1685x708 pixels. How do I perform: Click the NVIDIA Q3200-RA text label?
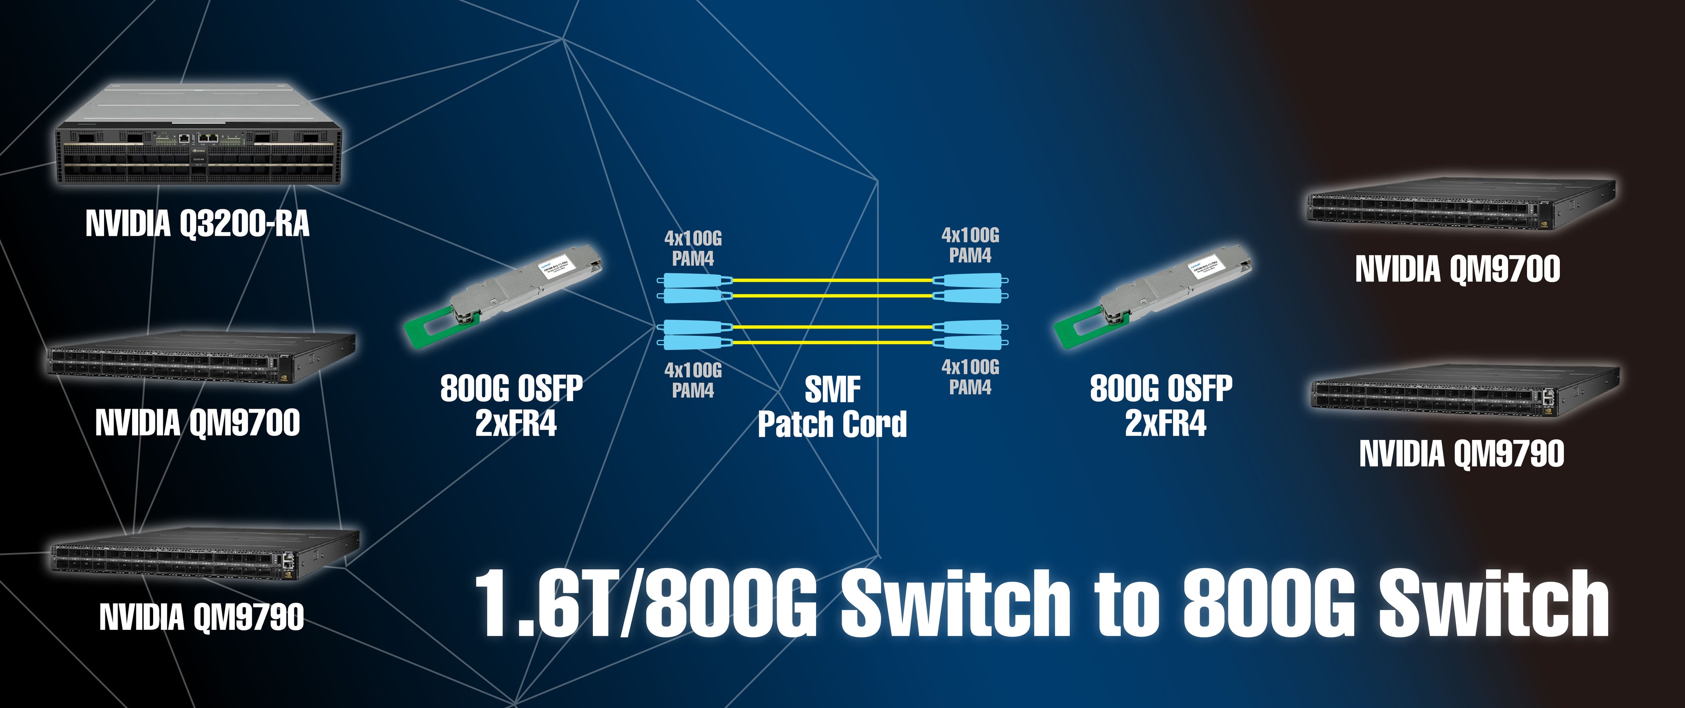point(197,224)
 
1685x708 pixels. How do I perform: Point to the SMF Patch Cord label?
point(832,407)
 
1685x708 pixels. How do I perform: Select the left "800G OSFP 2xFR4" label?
point(512,406)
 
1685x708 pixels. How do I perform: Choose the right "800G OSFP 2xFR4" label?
point(1162,406)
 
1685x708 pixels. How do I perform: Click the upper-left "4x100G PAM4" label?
point(693,248)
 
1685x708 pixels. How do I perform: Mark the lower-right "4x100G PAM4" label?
point(970,377)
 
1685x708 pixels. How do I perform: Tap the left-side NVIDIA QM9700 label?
point(197,423)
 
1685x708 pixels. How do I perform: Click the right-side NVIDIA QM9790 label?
point(1461,453)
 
